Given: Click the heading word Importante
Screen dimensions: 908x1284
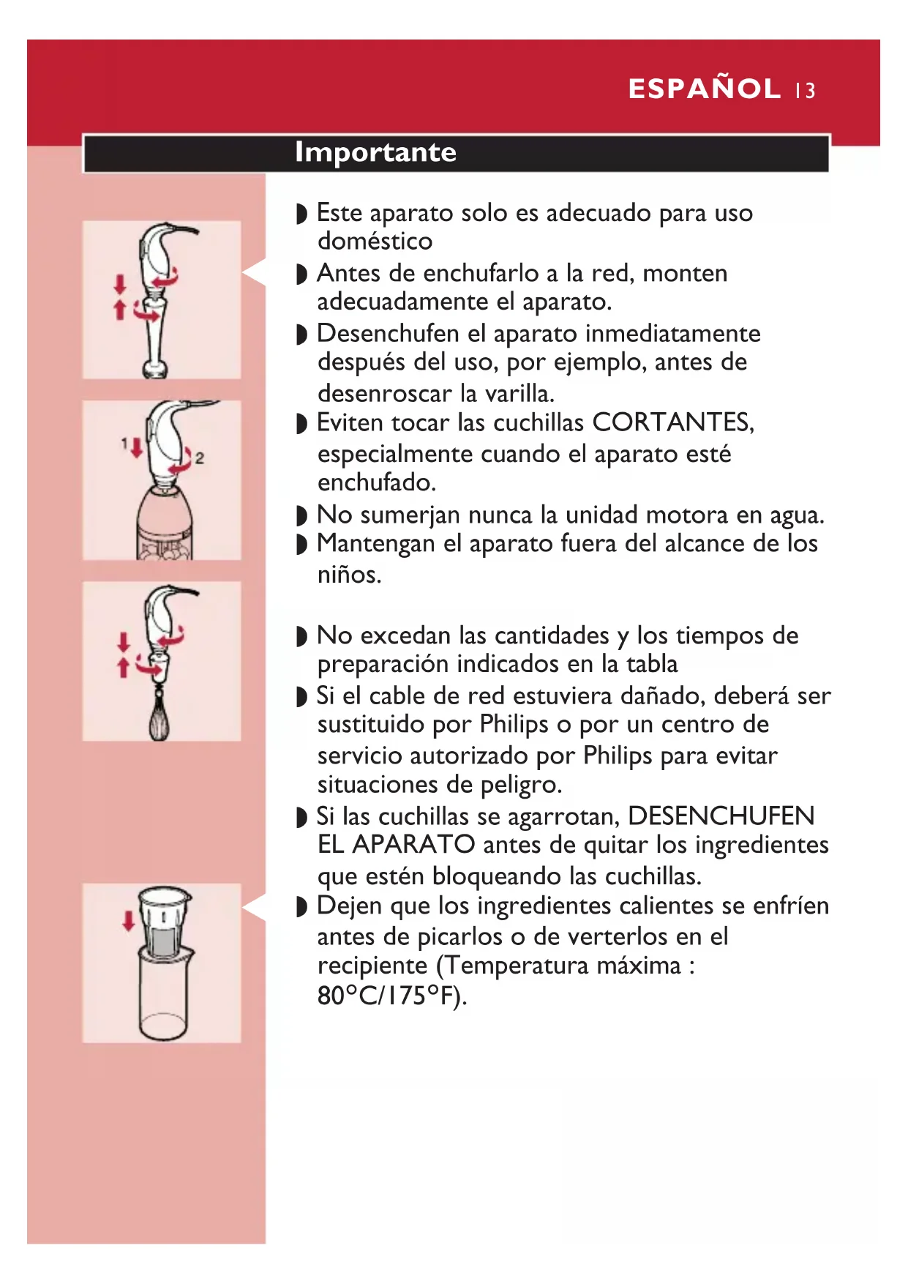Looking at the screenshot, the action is click(375, 152).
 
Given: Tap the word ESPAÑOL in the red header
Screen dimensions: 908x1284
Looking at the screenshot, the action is click(705, 89).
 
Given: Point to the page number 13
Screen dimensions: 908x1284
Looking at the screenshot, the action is click(806, 91).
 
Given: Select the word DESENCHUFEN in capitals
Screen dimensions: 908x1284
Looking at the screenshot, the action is click(721, 815).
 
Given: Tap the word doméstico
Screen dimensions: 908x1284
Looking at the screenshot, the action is click(375, 241).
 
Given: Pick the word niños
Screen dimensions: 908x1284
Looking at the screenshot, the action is click(349, 575).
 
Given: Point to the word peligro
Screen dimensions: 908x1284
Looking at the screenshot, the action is click(521, 785).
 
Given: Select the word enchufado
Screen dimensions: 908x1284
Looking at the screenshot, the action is click(377, 482).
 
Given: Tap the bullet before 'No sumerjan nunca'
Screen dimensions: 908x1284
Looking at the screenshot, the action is click(301, 516).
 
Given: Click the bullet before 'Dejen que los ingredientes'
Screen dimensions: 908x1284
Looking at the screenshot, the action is click(301, 907).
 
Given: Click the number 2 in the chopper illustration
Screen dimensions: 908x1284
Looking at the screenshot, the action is click(199, 458).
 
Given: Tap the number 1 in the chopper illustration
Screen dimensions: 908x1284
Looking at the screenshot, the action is click(124, 443).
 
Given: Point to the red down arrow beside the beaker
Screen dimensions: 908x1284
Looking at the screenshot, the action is click(129, 921).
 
